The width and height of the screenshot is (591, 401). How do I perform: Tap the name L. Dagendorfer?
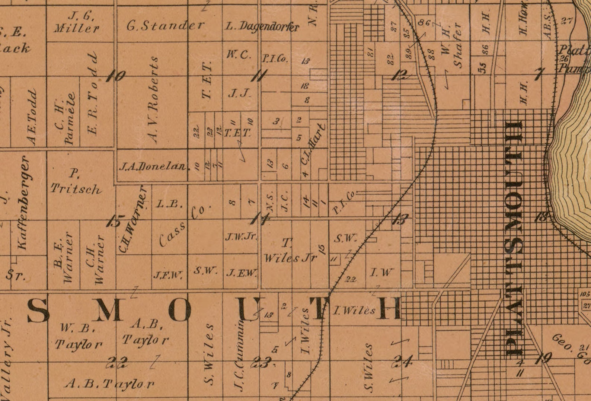click(x=262, y=26)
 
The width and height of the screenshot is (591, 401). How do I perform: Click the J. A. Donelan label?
click(x=152, y=166)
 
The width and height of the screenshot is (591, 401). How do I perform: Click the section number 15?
click(x=114, y=221)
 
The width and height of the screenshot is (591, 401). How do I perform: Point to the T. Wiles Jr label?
click(x=290, y=251)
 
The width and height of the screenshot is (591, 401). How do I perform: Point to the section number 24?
click(x=403, y=361)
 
